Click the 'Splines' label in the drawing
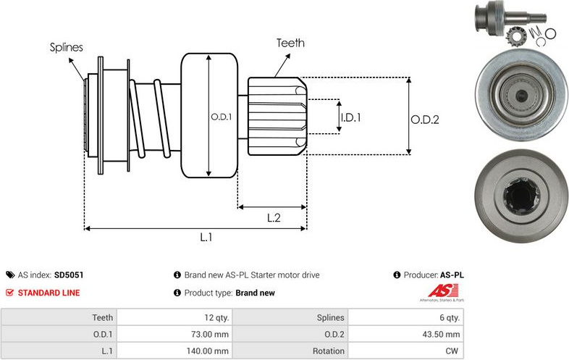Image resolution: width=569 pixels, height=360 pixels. click(67, 48)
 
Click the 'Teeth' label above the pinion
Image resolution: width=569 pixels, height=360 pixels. click(290, 43)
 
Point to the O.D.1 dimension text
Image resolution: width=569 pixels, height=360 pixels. click(221, 117)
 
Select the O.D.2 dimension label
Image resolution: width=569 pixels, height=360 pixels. click(425, 120)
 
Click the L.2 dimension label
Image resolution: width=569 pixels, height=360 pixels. click(274, 217)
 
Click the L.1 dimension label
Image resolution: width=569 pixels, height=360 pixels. click(206, 237)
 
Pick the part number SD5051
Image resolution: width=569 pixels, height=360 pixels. click(69, 275)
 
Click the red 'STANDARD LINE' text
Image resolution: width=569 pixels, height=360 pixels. click(49, 293)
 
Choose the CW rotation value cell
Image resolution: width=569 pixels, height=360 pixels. click(452, 351)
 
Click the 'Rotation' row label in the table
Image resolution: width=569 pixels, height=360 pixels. click(326, 351)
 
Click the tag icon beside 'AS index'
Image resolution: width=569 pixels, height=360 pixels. click(10, 275)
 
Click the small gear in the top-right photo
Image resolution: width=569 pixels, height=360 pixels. click(519, 33)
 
